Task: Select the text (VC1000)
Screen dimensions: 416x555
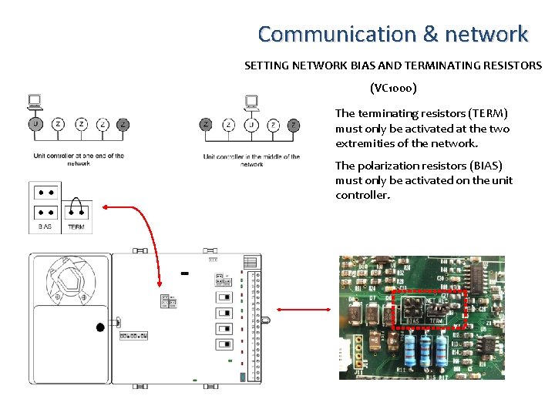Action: (x=394, y=88)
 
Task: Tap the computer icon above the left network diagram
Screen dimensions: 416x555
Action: (x=35, y=103)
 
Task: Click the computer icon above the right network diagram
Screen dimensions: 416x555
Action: (x=251, y=103)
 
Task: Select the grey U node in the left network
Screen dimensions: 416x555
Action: (x=35, y=124)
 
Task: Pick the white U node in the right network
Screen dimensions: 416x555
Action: (x=251, y=125)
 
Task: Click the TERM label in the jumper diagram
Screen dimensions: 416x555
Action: (x=76, y=227)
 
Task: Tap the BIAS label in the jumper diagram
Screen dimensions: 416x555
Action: (x=45, y=227)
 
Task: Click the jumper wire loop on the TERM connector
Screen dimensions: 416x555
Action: (x=76, y=205)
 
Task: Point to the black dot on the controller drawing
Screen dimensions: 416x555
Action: (x=100, y=327)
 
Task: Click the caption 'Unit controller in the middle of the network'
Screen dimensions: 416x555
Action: (x=251, y=160)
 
